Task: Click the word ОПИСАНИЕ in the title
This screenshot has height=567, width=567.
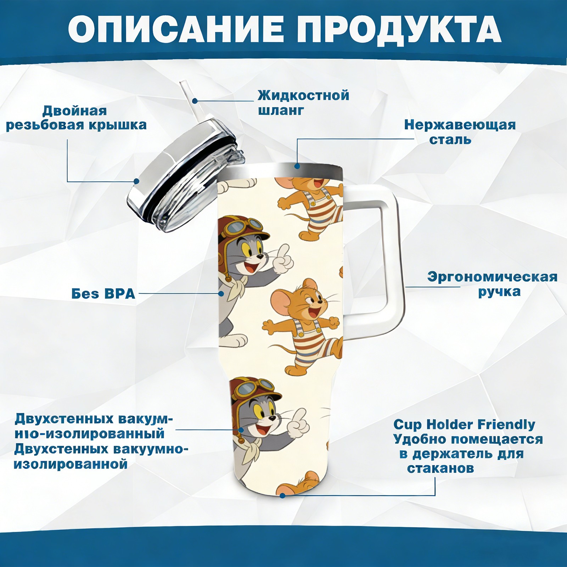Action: pos(176,29)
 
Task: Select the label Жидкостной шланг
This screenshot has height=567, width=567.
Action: pos(303,102)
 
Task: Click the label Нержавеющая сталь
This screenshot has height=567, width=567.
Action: pos(460,132)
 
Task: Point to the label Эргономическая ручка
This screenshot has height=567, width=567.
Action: pos(492,284)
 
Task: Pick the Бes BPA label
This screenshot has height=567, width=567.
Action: pos(103,294)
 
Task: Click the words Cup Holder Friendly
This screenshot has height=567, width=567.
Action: pos(464,424)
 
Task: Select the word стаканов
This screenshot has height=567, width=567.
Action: pos(440,468)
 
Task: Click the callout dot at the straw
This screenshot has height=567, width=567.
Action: pos(195,101)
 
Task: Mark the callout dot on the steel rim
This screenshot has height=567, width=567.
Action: pos(297,166)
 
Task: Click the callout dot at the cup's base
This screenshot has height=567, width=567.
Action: pos(282,495)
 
